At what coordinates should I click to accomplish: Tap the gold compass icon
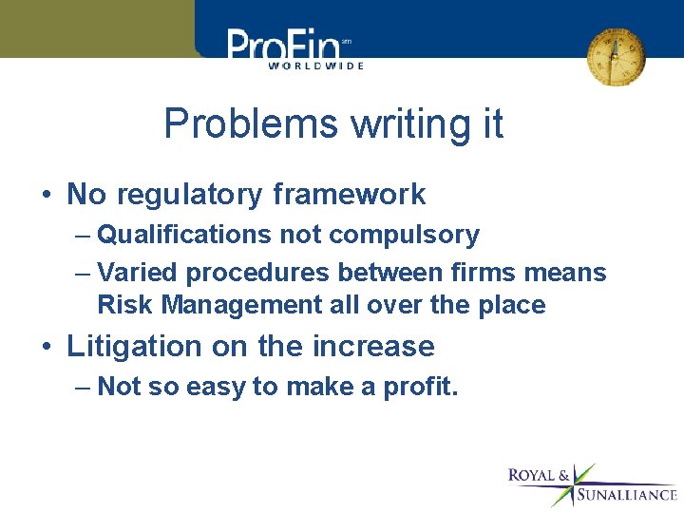pyautogui.click(x=615, y=56)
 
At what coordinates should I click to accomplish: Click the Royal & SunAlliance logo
pyautogui.click(x=591, y=484)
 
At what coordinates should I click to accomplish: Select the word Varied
pyautogui.click(x=139, y=273)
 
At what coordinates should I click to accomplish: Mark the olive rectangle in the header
pyautogui.click(x=95, y=28)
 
